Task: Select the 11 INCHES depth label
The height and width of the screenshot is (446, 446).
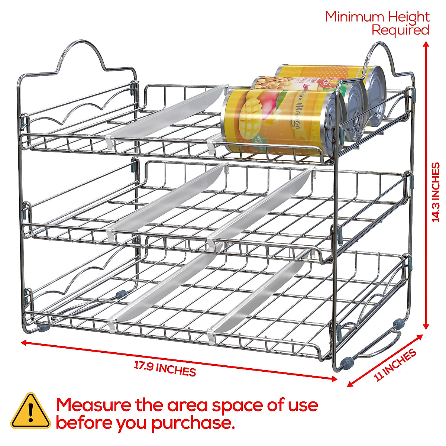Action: point(395,365)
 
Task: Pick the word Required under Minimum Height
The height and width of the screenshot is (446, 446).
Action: point(400,30)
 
